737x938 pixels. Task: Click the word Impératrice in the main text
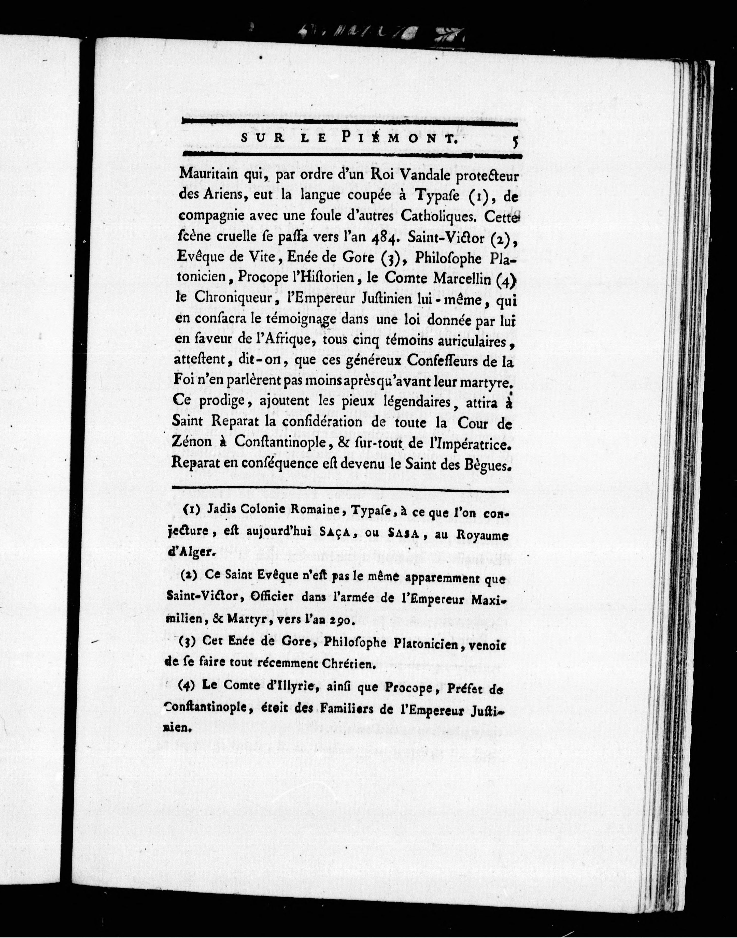[474, 443]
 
